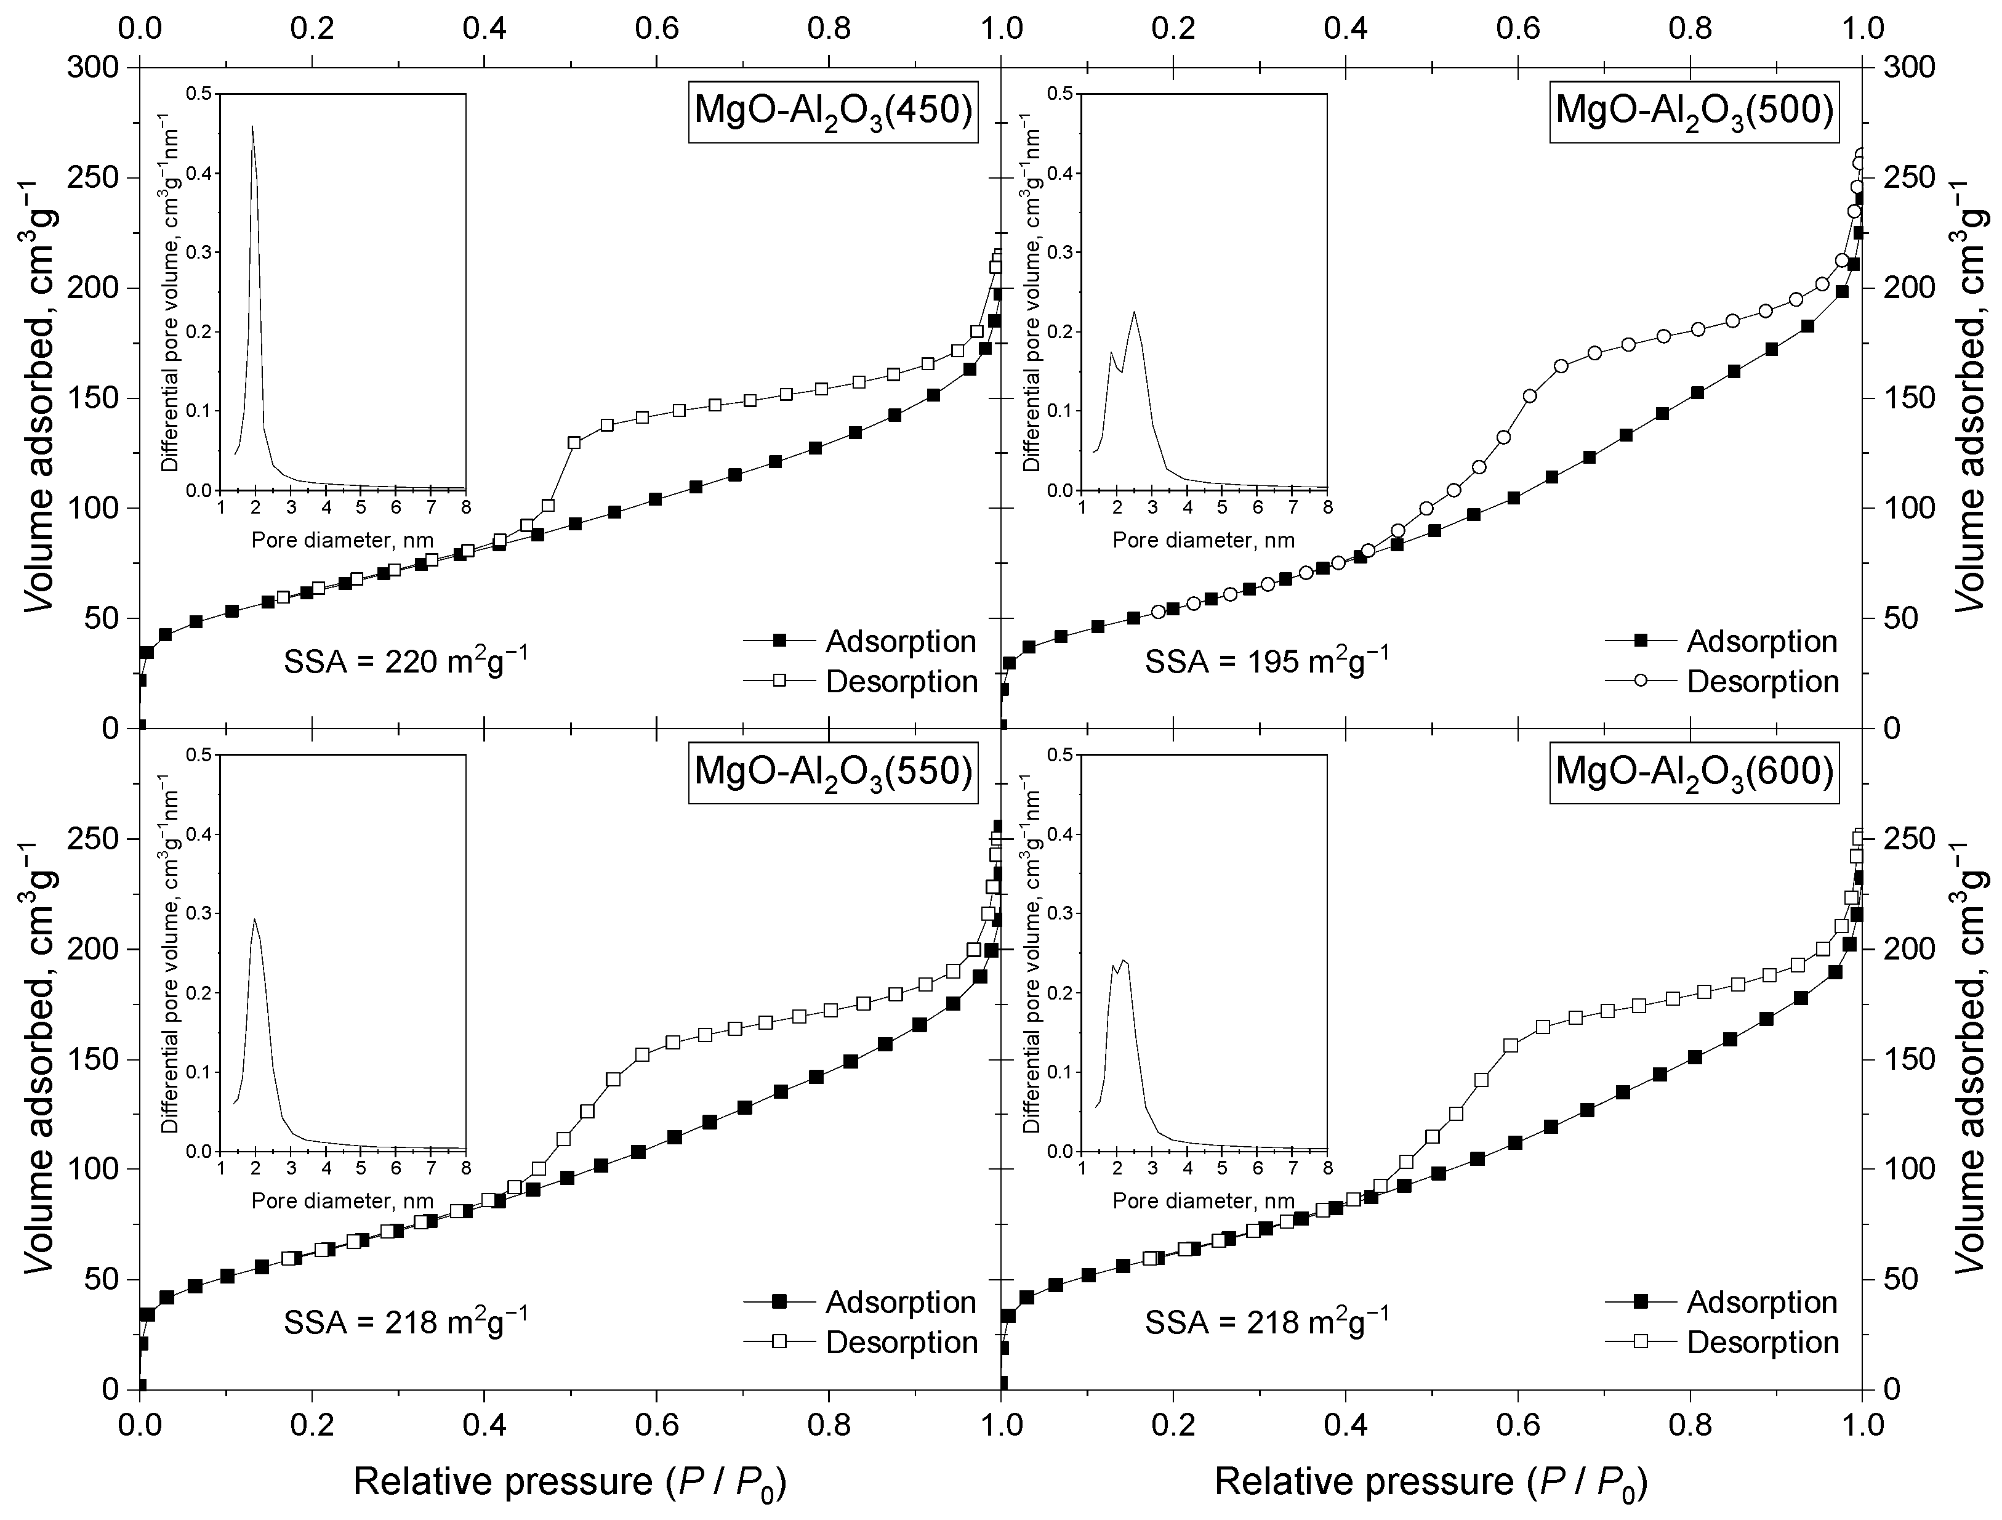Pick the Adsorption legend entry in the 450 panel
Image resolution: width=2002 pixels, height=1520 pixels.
tap(861, 642)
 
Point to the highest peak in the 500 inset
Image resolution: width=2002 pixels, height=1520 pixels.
tap(1134, 313)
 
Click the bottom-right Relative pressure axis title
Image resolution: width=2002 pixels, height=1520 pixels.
tap(1430, 1482)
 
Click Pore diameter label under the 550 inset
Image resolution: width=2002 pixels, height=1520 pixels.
tap(343, 1202)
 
